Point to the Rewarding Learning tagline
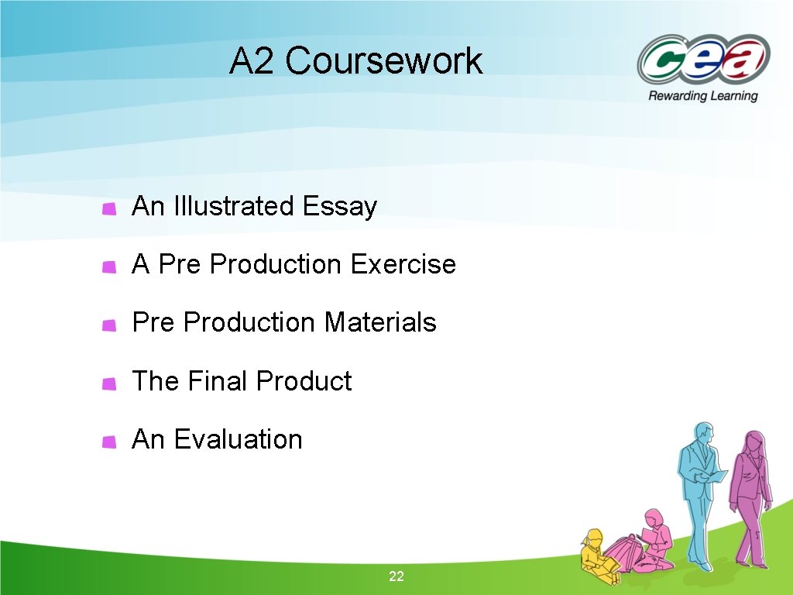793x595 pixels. (702, 96)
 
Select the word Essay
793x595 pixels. (340, 207)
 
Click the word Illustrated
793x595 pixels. (234, 207)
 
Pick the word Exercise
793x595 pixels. (403, 265)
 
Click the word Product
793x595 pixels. (304, 381)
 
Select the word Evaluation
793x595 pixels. (238, 439)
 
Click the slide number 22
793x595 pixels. (396, 576)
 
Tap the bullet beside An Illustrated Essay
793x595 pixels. (110, 208)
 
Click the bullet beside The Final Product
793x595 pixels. (110, 383)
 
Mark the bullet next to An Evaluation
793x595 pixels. (110, 442)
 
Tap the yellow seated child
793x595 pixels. (597, 552)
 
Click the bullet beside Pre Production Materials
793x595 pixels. (110, 325)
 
